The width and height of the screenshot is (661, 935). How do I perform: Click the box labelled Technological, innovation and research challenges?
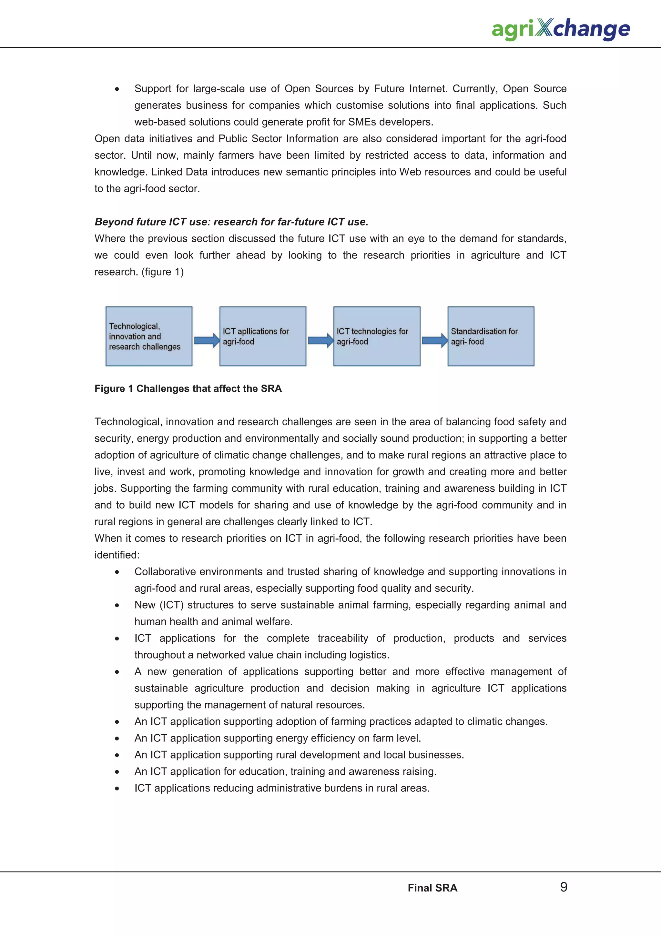click(149, 337)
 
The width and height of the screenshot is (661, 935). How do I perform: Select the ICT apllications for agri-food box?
click(263, 337)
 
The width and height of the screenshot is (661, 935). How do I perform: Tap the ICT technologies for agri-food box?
click(377, 337)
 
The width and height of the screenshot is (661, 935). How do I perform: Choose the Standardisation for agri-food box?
click(491, 337)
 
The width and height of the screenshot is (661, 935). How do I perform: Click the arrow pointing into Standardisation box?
click(434, 340)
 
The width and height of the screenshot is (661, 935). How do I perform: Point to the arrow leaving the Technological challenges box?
click(207, 340)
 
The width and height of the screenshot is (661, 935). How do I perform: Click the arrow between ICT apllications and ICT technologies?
click(320, 340)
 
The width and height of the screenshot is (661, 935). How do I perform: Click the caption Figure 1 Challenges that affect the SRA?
click(188, 388)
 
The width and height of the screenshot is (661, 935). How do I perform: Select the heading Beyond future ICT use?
click(231, 222)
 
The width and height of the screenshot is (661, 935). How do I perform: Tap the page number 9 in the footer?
click(564, 887)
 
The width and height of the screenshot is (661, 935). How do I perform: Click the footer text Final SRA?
click(432, 888)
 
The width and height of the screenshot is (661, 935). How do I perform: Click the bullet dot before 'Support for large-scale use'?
click(117, 89)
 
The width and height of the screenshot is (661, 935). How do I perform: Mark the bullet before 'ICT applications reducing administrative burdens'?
click(117, 789)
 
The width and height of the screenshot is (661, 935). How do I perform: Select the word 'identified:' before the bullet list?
click(117, 555)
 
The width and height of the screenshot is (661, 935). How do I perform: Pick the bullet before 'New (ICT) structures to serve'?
click(117, 606)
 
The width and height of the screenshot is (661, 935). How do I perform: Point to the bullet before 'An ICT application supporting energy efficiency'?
click(117, 739)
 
